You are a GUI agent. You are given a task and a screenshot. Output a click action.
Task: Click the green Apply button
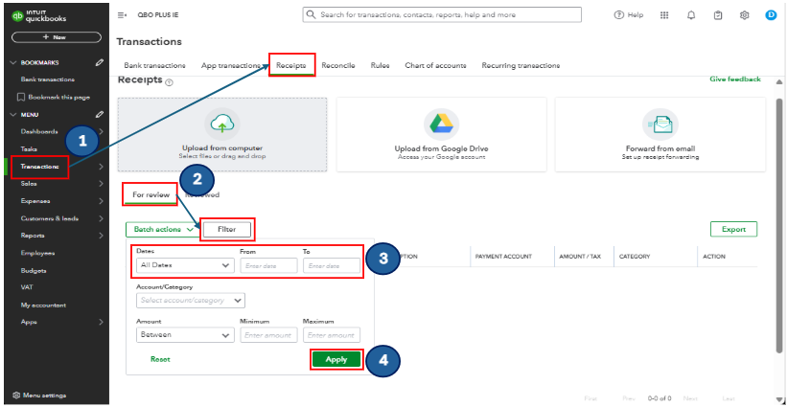pyautogui.click(x=336, y=359)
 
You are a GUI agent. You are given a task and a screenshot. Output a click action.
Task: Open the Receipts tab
pyautogui.click(x=291, y=65)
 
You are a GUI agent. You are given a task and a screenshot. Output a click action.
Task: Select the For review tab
pyautogui.click(x=150, y=194)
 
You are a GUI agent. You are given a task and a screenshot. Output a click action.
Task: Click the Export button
pyautogui.click(x=733, y=230)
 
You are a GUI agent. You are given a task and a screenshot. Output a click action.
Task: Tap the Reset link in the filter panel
pyautogui.click(x=160, y=359)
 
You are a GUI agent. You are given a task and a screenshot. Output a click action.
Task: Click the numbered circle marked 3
pyautogui.click(x=382, y=259)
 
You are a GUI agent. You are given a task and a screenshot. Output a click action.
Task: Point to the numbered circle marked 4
pyautogui.click(x=382, y=360)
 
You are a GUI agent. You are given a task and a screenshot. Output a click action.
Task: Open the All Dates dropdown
pyautogui.click(x=185, y=265)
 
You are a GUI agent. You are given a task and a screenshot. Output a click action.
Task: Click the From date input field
pyautogui.click(x=267, y=265)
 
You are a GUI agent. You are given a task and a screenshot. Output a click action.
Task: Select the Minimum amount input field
pyautogui.click(x=267, y=335)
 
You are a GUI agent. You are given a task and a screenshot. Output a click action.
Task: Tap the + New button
pyautogui.click(x=55, y=36)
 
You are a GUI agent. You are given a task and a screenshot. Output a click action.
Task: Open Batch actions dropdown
pyautogui.click(x=160, y=230)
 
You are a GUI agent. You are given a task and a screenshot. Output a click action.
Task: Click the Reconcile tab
pyautogui.click(x=338, y=65)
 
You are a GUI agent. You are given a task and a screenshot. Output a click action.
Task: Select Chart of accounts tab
pyautogui.click(x=435, y=65)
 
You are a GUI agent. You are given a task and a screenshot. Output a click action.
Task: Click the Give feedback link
pyautogui.click(x=735, y=79)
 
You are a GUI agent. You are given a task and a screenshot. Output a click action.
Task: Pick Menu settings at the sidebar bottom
pyautogui.click(x=39, y=395)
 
